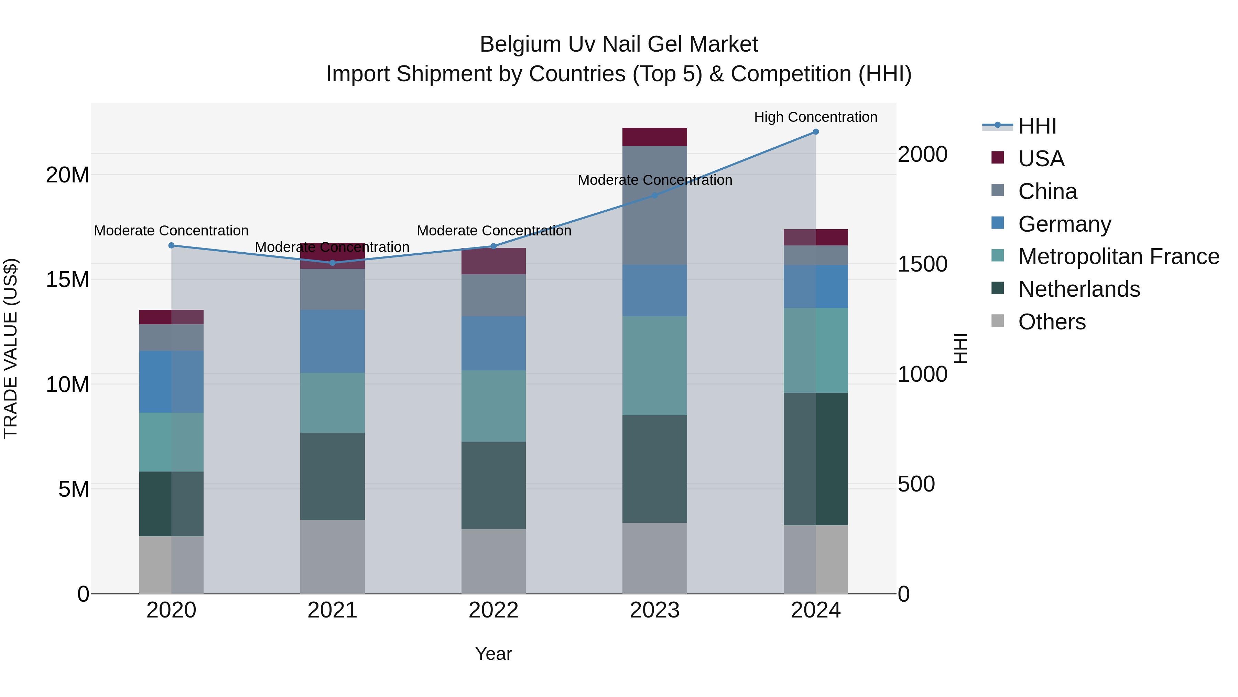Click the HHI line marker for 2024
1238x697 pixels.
[x=816, y=132]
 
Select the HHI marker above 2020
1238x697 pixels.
[x=171, y=245]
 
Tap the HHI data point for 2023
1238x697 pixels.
[x=654, y=195]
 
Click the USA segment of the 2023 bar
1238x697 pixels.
[x=654, y=137]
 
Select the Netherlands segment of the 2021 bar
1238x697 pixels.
[x=332, y=476]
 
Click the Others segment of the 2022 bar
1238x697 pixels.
[x=493, y=561]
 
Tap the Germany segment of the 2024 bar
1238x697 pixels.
[x=816, y=287]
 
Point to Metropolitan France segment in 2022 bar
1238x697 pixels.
[x=493, y=406]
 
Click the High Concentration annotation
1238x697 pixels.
[x=816, y=117]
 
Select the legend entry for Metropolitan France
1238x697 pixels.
[x=1118, y=256]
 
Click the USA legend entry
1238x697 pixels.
[x=1041, y=159]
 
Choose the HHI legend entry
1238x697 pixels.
[x=1037, y=126]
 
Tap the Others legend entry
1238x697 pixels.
[x=1052, y=322]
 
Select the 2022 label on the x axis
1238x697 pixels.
[x=493, y=610]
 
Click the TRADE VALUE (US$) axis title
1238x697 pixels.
[x=11, y=348]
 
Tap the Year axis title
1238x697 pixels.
[x=493, y=654]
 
